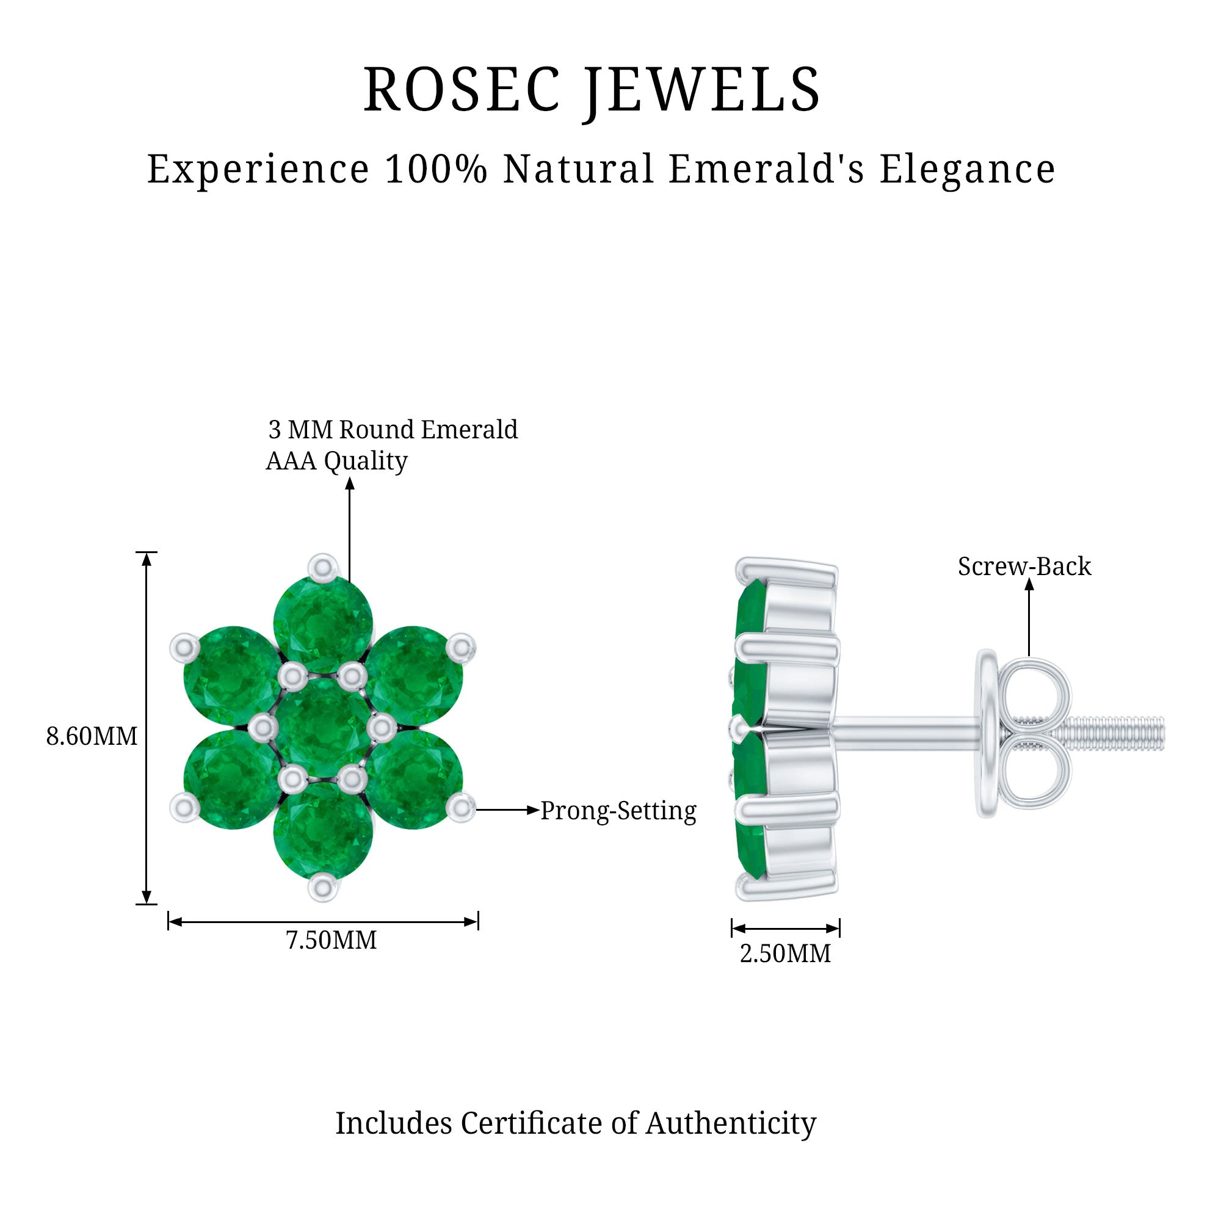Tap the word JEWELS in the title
click(x=701, y=91)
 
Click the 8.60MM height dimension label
click(x=92, y=736)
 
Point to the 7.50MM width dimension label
click(x=331, y=940)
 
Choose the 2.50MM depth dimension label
click(x=786, y=954)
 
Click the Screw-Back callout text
click(x=1024, y=567)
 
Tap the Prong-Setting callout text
click(x=618, y=811)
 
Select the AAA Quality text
click(x=337, y=461)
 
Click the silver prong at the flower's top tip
click(x=323, y=567)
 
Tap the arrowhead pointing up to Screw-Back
click(x=1029, y=585)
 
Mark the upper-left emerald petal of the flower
click(x=233, y=676)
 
